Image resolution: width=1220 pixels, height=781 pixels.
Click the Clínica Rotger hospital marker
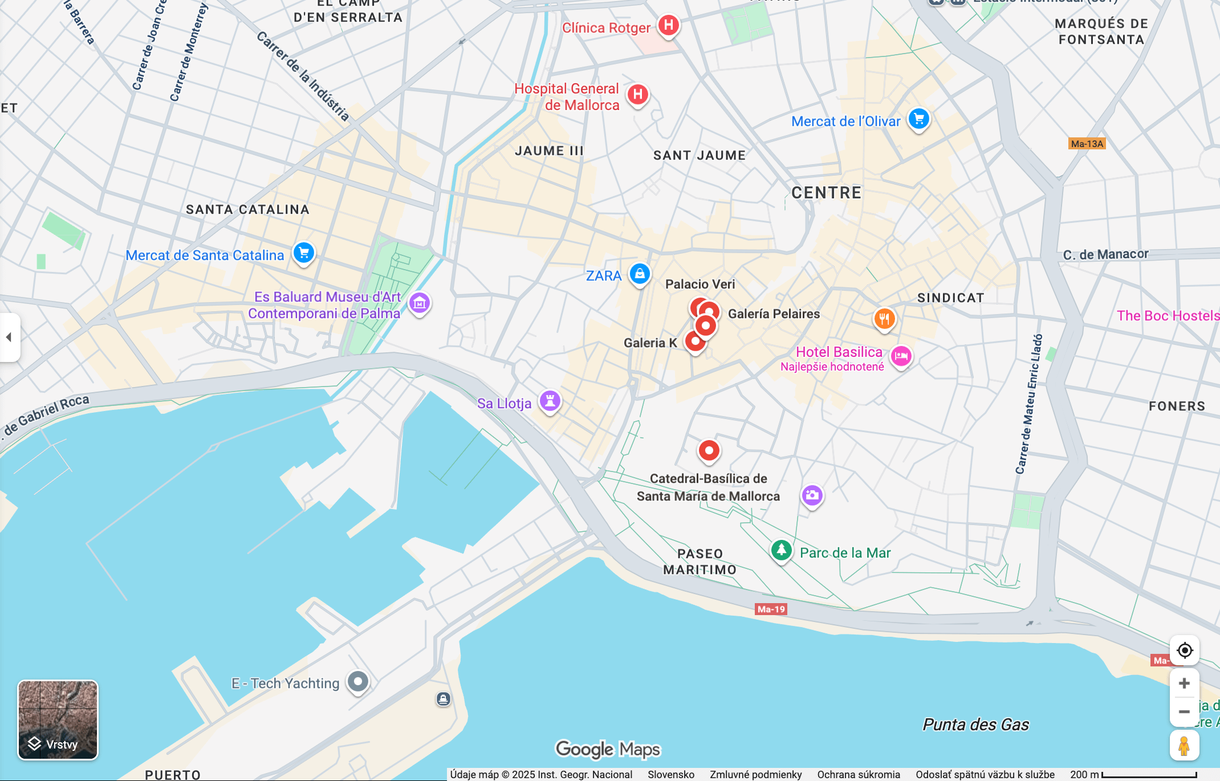pyautogui.click(x=668, y=26)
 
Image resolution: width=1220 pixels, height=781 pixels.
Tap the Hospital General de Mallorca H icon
pyautogui.click(x=637, y=95)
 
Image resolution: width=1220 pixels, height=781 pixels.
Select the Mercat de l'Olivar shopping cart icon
pyautogui.click(x=918, y=119)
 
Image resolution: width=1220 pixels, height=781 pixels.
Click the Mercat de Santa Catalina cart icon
pyautogui.click(x=303, y=253)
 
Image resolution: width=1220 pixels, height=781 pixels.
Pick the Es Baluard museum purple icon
pyautogui.click(x=420, y=303)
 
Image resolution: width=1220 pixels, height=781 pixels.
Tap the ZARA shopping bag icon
pyautogui.click(x=640, y=274)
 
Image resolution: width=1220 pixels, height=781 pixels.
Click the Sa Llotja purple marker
pyautogui.click(x=550, y=400)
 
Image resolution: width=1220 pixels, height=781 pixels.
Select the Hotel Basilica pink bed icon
pyautogui.click(x=901, y=356)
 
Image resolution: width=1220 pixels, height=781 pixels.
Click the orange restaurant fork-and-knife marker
pyautogui.click(x=884, y=319)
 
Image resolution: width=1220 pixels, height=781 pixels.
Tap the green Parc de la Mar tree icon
pyautogui.click(x=781, y=550)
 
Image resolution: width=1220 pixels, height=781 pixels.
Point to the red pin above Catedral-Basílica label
pyautogui.click(x=709, y=451)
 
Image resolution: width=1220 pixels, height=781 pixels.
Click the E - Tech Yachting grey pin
pyautogui.click(x=358, y=681)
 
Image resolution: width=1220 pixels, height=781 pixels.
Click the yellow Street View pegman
pyautogui.click(x=1184, y=746)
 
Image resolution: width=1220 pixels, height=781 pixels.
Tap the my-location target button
pyautogui.click(x=1184, y=650)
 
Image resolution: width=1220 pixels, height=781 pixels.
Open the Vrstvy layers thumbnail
pyautogui.click(x=58, y=720)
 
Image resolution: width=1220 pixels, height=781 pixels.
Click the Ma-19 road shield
pyautogui.click(x=771, y=609)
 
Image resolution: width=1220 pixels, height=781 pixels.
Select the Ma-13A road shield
pyautogui.click(x=1087, y=144)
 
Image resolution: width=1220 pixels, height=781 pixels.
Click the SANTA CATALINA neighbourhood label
pyautogui.click(x=247, y=210)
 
